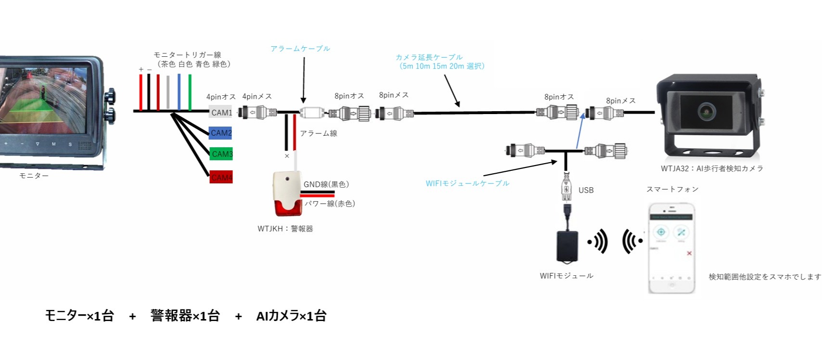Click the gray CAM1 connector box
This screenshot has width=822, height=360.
click(220, 112)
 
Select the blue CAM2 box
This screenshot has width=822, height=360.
click(220, 133)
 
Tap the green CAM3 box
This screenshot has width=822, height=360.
click(221, 154)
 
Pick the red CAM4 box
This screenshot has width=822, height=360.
click(221, 177)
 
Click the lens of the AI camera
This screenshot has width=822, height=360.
click(706, 111)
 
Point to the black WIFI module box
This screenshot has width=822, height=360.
click(567, 246)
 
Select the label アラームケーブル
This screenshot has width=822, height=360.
click(300, 49)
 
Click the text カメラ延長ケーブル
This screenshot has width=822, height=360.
click(429, 57)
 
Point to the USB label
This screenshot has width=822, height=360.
click(586, 190)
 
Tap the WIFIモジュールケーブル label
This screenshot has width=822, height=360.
click(467, 183)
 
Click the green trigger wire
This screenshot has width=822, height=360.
click(190, 92)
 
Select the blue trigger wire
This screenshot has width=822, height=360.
click(179, 92)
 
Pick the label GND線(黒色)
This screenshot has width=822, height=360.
click(326, 184)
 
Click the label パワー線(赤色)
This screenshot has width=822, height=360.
click(330, 204)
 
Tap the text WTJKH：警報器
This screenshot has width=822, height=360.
click(285, 229)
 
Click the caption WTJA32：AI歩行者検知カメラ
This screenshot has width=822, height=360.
click(712, 168)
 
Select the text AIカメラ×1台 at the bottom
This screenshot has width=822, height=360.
click(291, 316)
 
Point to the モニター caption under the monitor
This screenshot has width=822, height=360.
click(34, 176)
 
